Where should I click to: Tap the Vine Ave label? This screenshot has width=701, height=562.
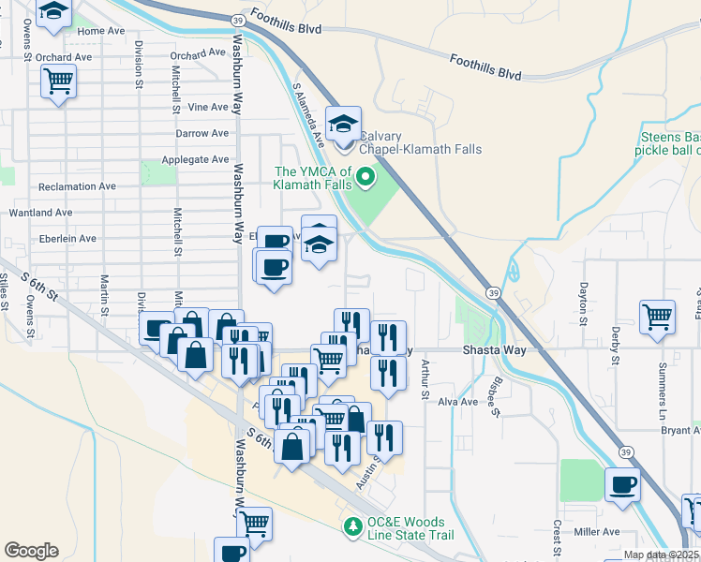pyautogui.click(x=208, y=108)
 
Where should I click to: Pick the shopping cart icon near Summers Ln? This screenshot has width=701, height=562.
pyautogui.click(x=657, y=317)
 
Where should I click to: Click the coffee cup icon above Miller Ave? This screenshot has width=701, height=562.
pyautogui.click(x=623, y=485)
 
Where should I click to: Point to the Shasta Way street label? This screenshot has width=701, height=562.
pyautogui.click(x=494, y=349)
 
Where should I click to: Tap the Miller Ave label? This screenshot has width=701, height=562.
pyautogui.click(x=598, y=532)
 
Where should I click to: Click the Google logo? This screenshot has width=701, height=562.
pyautogui.click(x=31, y=551)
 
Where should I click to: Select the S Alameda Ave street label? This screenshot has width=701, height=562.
pyautogui.click(x=308, y=115)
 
